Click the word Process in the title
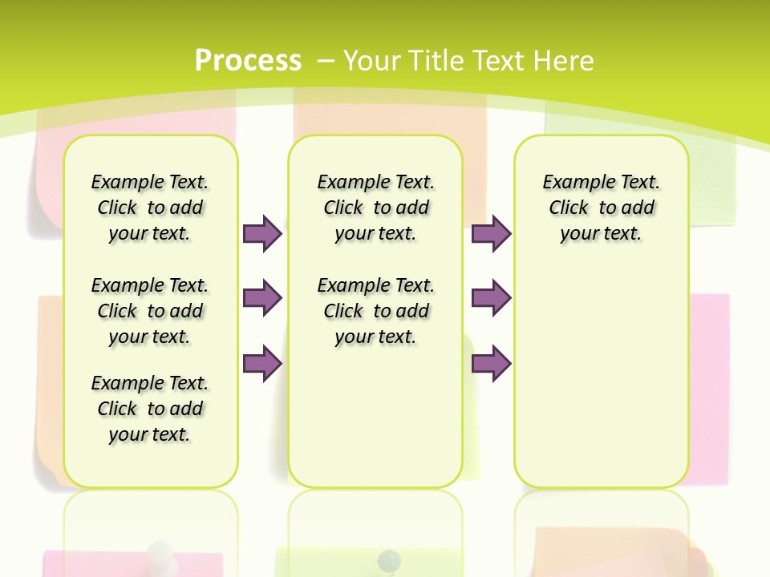click(248, 60)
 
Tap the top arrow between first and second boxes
click(262, 233)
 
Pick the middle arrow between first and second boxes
click(262, 298)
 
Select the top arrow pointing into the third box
click(491, 233)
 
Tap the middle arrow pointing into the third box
click(491, 298)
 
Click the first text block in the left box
click(150, 208)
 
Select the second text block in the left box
click(150, 311)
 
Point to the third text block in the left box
click(150, 409)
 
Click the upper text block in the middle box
click(375, 208)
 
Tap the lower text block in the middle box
click(375, 311)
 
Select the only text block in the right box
click(601, 208)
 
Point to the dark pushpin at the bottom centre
click(389, 558)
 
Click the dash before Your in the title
click(326, 59)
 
